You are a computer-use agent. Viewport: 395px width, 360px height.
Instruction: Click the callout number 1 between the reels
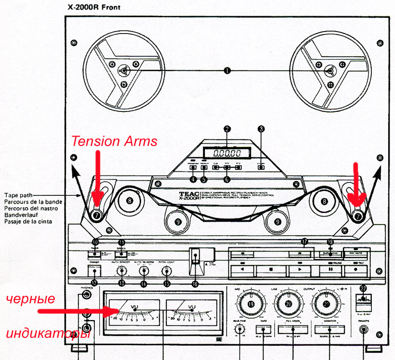pyautogui.click(x=227, y=71)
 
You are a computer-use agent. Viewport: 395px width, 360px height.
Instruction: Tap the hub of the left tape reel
pyautogui.click(x=124, y=71)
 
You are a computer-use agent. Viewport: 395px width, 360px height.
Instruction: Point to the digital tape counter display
pyautogui.click(x=227, y=153)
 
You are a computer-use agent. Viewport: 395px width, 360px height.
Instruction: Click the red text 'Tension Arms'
pyautogui.click(x=114, y=142)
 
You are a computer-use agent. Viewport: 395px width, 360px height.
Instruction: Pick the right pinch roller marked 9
pyautogui.click(x=278, y=222)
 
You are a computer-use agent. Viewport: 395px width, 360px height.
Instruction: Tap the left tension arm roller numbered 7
pyautogui.click(x=96, y=215)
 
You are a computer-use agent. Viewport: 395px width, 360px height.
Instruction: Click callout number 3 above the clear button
pyautogui.click(x=261, y=129)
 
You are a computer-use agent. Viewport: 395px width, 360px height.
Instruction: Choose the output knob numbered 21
pyautogui.click(x=326, y=304)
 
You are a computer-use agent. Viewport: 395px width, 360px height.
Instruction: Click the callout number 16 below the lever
pyautogui.click(x=195, y=284)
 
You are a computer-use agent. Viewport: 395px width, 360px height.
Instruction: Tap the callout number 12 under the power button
pyautogui.click(x=94, y=283)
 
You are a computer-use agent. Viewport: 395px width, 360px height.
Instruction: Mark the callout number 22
pyautogui.click(x=363, y=288)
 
